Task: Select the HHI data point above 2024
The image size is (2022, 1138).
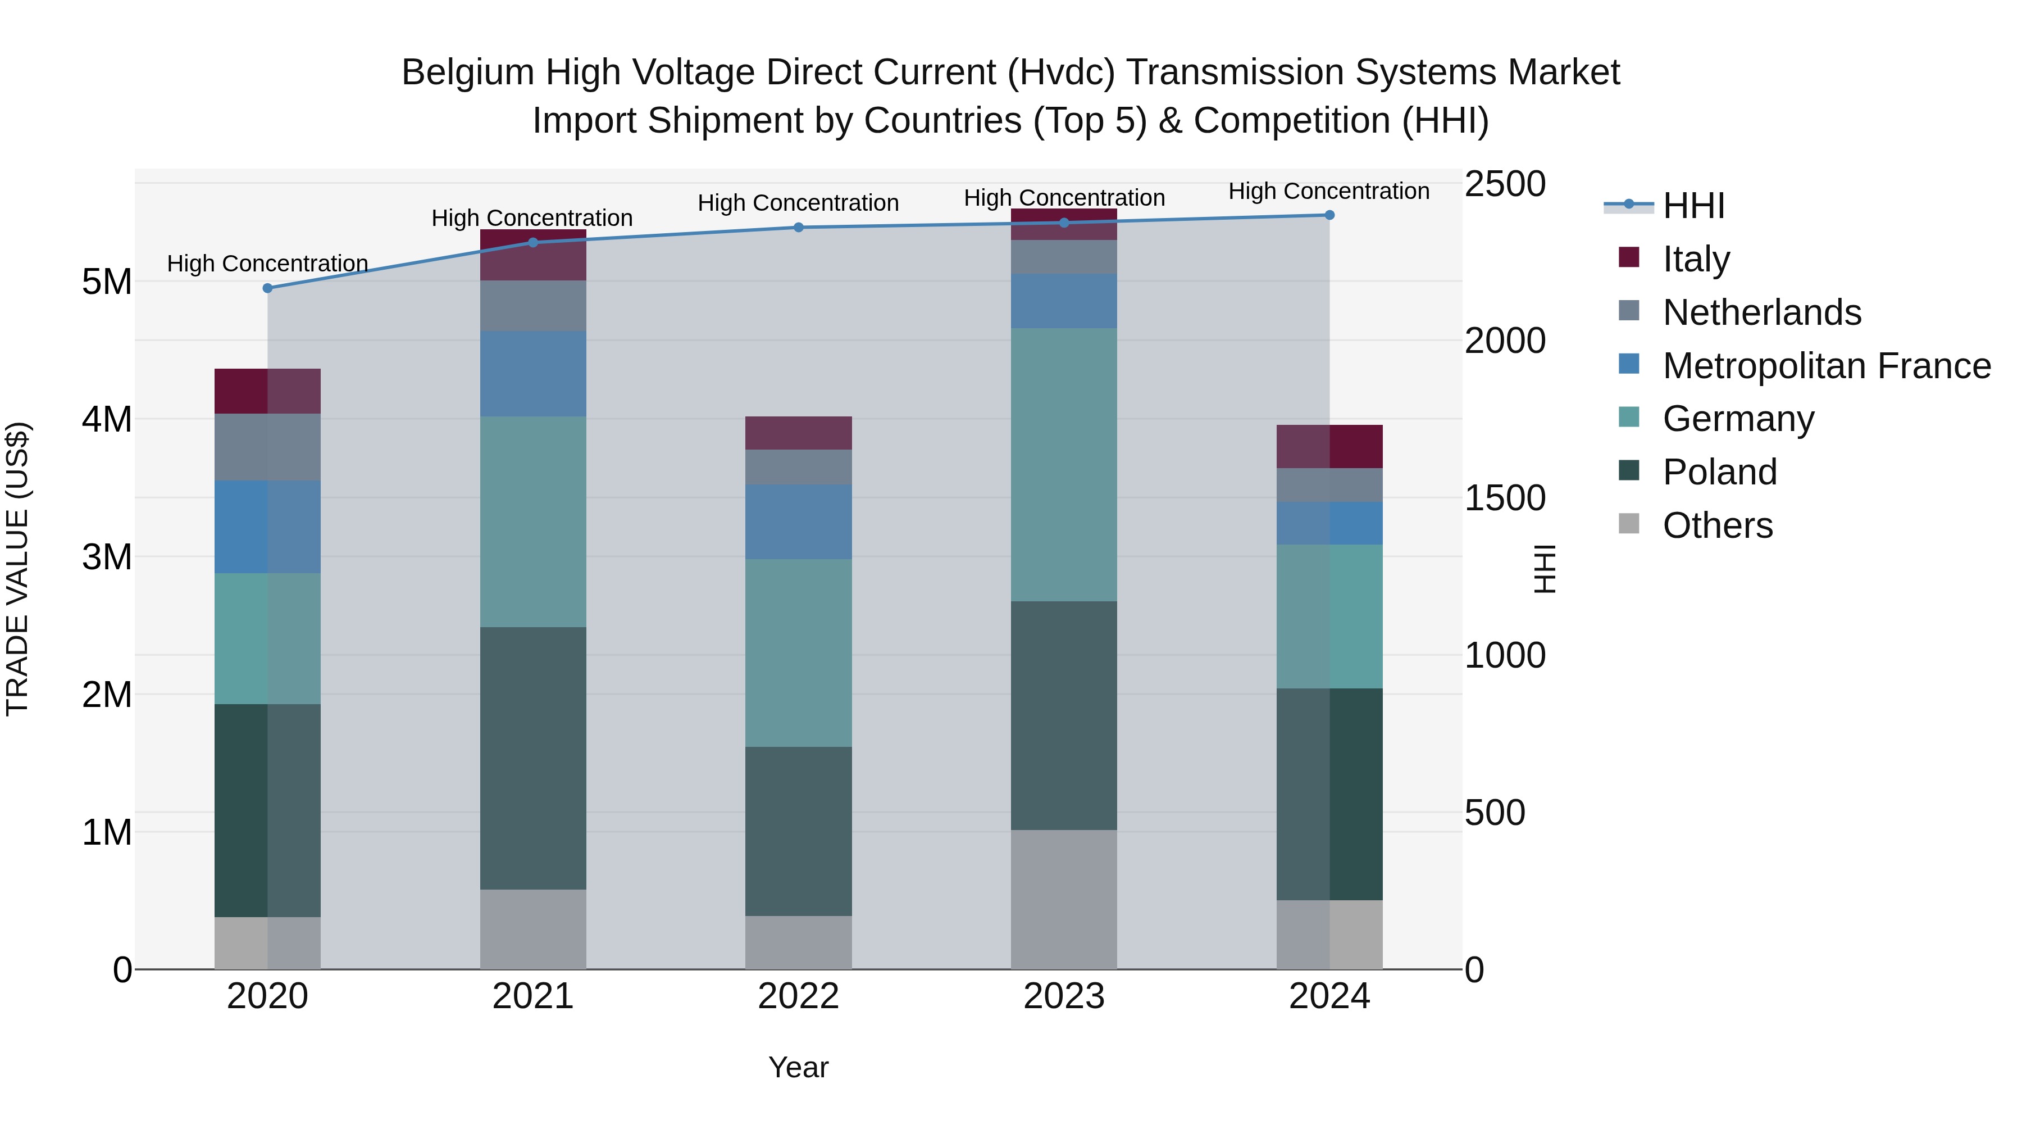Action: click(1329, 215)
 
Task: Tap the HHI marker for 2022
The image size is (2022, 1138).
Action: click(798, 228)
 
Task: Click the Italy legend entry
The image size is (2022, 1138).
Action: click(1696, 259)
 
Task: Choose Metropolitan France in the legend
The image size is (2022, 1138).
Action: click(1826, 366)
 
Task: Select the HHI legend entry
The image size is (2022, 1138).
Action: click(1693, 206)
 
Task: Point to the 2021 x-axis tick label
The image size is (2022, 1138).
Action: click(533, 996)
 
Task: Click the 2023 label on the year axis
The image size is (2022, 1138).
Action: click(1064, 996)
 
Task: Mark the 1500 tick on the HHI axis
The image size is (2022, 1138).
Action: click(1505, 498)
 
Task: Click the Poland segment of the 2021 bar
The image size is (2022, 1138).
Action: click(533, 758)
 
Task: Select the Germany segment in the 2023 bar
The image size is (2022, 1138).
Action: click(1064, 465)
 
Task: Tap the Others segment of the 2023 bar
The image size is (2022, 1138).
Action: click(1064, 899)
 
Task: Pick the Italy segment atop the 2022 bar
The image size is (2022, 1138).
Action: click(798, 433)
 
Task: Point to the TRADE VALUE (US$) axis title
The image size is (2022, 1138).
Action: click(17, 569)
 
